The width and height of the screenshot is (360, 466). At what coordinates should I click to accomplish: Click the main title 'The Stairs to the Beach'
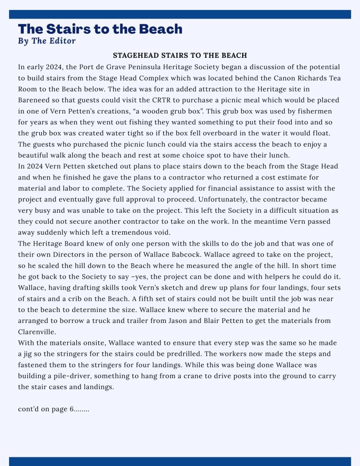pyautogui.click(x=100, y=29)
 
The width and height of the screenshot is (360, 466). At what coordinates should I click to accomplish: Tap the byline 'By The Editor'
pyautogui.click(x=47, y=41)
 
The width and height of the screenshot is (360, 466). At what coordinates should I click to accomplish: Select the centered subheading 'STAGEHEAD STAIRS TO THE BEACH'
pyautogui.click(x=180, y=56)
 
